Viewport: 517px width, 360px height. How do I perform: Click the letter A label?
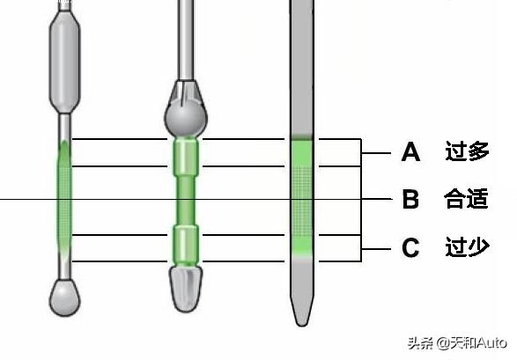point(410,152)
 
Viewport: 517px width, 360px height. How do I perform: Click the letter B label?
point(410,199)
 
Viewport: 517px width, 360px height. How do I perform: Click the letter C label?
point(410,247)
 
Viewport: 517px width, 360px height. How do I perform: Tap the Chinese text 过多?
point(467,151)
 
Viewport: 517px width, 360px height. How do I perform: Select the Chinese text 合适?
point(466,199)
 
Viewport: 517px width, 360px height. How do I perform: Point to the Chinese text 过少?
point(467,246)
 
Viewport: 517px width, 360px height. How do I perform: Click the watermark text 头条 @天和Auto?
point(457,343)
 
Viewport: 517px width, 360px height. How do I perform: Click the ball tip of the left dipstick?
point(64,298)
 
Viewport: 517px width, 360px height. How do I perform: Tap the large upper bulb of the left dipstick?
point(64,61)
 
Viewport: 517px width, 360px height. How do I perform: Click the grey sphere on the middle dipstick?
point(186,120)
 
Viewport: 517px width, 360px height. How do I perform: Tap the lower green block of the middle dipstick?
point(186,245)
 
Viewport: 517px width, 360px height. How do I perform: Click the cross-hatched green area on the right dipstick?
point(302,201)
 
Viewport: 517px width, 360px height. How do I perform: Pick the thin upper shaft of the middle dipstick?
point(186,40)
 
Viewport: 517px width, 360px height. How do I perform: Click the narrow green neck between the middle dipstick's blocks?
point(186,201)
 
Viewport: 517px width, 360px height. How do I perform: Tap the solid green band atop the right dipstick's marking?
point(302,153)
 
